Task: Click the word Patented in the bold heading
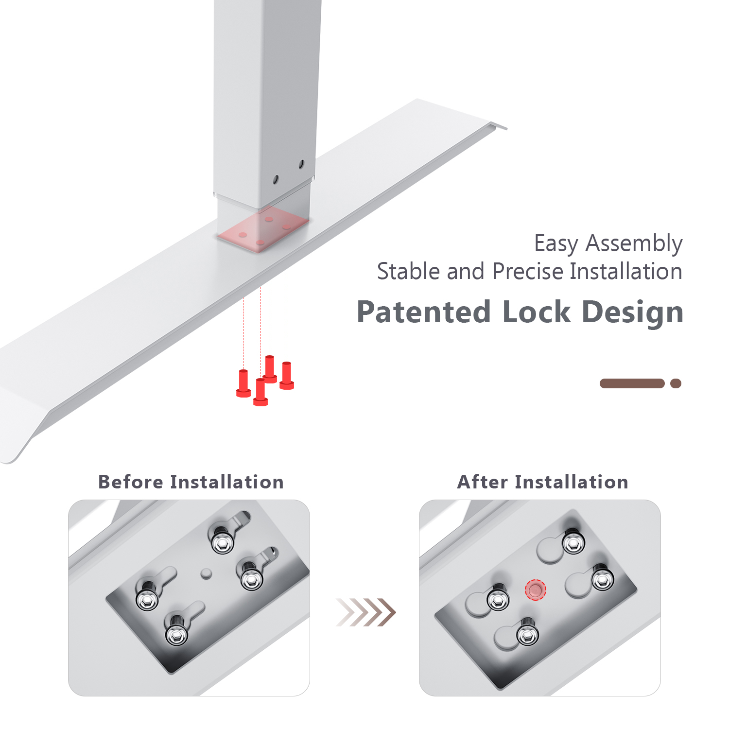tap(424, 312)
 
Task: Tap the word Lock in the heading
tap(536, 312)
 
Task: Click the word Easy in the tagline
tap(556, 243)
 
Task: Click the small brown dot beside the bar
tap(676, 383)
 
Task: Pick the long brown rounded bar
tap(632, 383)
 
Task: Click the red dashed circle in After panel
tap(535, 590)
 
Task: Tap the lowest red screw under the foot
tap(260, 392)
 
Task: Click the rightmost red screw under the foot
tap(287, 376)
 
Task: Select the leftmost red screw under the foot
tap(243, 383)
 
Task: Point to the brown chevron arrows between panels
tap(365, 612)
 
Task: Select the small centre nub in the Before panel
tap(206, 573)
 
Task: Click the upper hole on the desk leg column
tap(301, 164)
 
